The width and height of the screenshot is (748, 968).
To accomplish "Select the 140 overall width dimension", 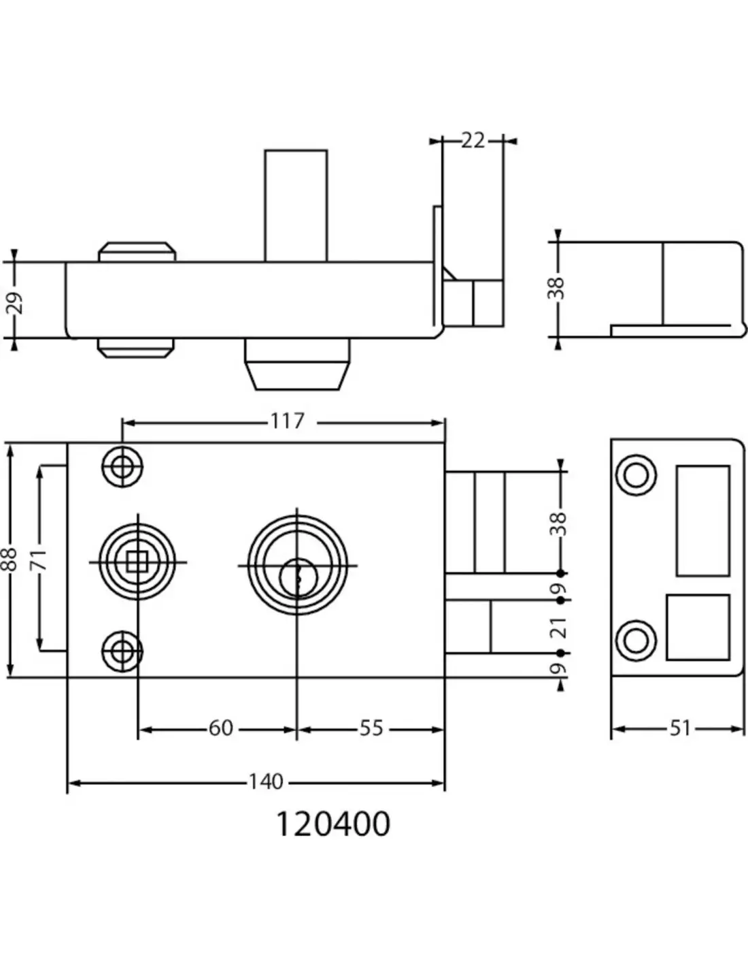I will [265, 781].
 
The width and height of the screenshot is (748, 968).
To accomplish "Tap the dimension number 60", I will [220, 728].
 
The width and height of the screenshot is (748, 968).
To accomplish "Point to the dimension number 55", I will [371, 728].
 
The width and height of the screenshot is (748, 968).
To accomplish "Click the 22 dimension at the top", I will [473, 140].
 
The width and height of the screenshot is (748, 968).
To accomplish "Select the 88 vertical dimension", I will [10, 560].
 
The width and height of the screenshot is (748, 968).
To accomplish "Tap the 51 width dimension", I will [679, 728].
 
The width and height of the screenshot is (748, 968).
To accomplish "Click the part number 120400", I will [333, 824].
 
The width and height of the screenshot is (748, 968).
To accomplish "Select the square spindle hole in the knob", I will [137, 562].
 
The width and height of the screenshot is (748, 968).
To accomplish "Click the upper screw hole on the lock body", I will [122, 468].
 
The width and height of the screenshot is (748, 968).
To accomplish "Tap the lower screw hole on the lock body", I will [122, 651].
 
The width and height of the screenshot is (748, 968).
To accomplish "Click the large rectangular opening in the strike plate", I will [703, 521].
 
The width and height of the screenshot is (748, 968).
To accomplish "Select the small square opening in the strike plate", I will [698, 627].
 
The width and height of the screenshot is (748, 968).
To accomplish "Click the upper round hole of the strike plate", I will [636, 474].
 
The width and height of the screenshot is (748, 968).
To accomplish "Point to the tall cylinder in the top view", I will [296, 206].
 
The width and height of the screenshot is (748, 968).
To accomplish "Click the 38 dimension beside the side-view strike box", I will [558, 288].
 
